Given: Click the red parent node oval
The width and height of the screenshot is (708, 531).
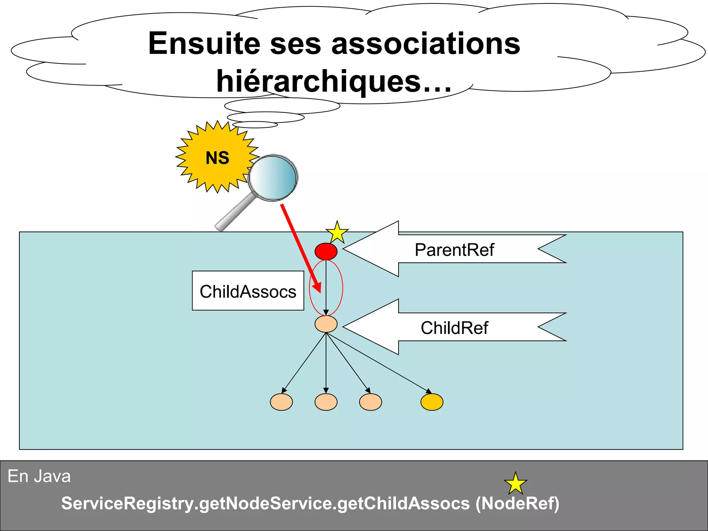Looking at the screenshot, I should click(x=326, y=251).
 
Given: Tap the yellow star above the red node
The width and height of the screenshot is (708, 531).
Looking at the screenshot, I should click(x=337, y=233).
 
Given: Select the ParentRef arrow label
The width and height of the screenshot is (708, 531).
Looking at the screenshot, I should click(x=454, y=250).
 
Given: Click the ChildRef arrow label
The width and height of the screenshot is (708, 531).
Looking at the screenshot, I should click(x=454, y=328).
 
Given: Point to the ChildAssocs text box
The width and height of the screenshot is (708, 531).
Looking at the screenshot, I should click(x=248, y=291).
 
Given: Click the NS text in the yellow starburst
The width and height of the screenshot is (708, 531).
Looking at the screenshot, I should click(x=217, y=158).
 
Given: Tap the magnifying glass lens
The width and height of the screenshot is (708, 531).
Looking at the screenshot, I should click(x=273, y=177).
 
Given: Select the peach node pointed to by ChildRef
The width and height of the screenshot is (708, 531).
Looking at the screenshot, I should click(x=326, y=324).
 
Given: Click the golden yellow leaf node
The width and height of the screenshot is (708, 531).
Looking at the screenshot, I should click(x=432, y=402).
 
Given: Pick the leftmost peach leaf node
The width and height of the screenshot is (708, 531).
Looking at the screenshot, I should click(x=281, y=402).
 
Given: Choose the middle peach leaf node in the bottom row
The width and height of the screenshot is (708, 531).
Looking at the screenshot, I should click(x=326, y=402).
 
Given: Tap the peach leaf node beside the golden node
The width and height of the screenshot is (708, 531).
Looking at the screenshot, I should click(x=371, y=402).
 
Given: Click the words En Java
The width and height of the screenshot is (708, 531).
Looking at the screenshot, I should click(x=39, y=476).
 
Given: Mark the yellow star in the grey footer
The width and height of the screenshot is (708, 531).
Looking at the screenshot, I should click(x=515, y=484).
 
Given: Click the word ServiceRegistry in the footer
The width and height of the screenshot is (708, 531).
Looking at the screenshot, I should click(x=127, y=503).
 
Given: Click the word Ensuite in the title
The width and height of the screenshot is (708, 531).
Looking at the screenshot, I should click(x=204, y=44).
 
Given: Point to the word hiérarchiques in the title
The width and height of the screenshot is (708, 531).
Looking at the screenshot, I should click(x=318, y=82).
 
